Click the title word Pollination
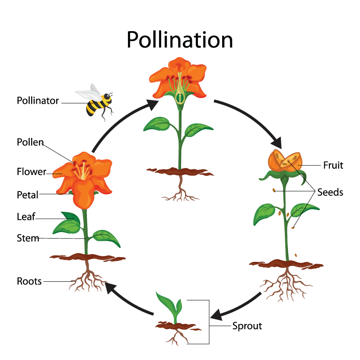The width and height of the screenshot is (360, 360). (x=179, y=39)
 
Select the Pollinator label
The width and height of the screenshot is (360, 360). (x=38, y=101)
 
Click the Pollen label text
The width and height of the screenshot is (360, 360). (x=30, y=142)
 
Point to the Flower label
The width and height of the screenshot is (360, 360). (x=31, y=172)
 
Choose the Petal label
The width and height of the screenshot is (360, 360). (x=28, y=194)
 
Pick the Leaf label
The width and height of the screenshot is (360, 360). (x=26, y=217)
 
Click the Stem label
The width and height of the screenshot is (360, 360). (x=28, y=238)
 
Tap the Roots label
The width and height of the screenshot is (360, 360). (x=29, y=281)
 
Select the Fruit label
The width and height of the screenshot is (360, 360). (x=333, y=165)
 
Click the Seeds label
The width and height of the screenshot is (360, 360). (x=330, y=192)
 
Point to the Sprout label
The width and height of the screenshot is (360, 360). (x=247, y=326)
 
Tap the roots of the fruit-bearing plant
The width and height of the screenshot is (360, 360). (x=285, y=283)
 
